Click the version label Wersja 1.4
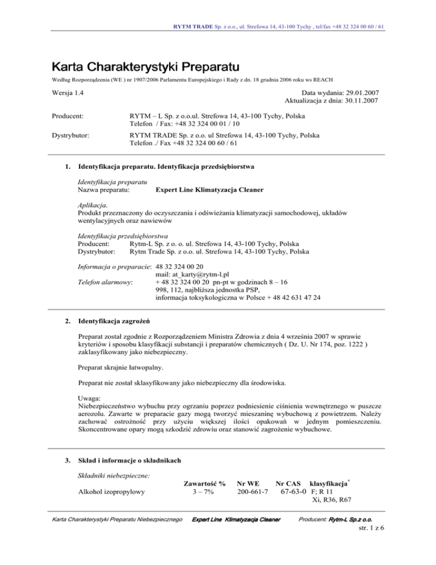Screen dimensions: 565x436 (x=63, y=93)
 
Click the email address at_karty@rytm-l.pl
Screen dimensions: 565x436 (x=196, y=273)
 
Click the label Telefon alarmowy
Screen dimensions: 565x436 (x=105, y=281)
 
